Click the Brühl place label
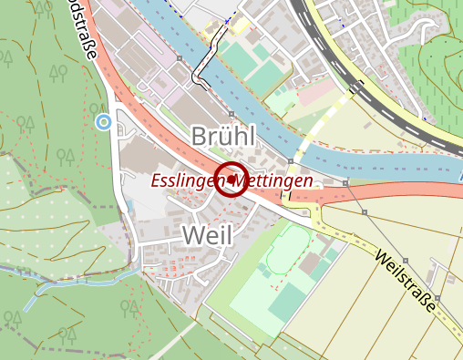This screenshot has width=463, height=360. (224, 137)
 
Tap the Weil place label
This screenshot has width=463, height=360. (207, 234)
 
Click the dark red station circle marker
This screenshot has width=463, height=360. (231, 179)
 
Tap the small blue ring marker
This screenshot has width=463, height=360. (104, 121)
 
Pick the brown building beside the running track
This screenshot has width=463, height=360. (313, 265)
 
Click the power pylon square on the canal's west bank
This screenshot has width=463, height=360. (181, 58)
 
